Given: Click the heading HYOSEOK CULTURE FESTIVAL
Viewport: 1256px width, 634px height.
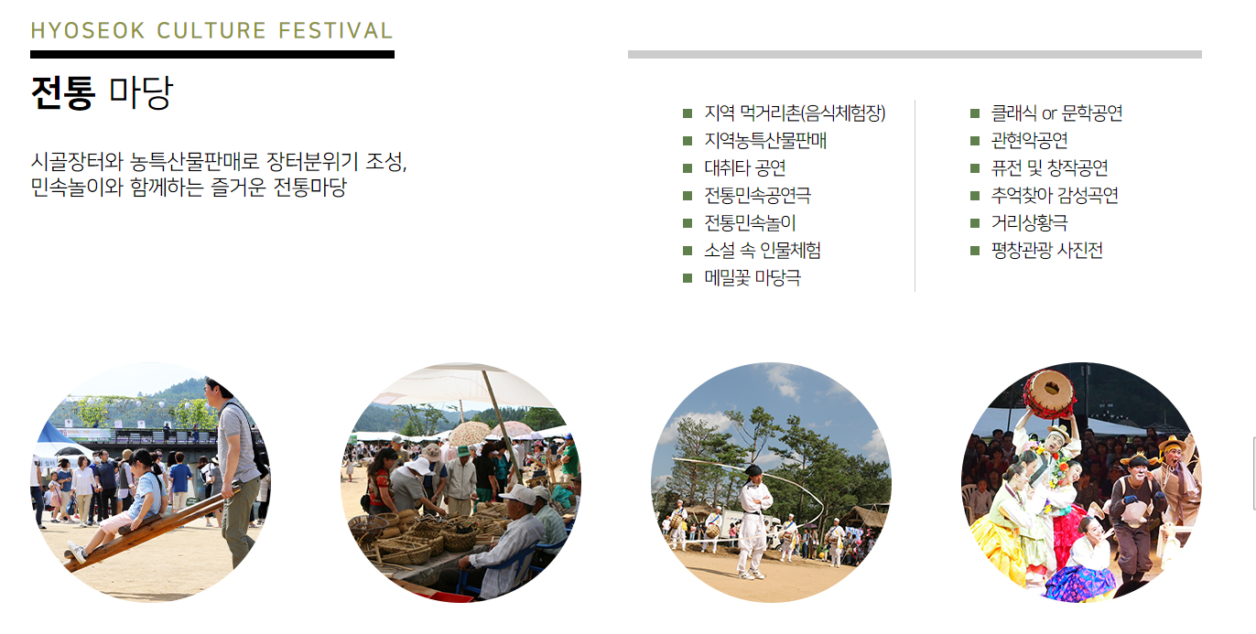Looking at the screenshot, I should pos(211,30).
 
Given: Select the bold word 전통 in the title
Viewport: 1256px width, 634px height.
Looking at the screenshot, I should pos(62,92).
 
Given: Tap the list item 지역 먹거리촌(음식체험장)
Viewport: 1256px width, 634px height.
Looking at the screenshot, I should pos(795,113).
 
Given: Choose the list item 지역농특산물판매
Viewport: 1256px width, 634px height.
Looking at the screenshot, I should pos(765,141).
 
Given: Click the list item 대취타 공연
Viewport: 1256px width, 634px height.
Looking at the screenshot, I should pos(744,168).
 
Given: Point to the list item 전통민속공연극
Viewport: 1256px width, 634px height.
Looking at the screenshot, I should pos(757,196).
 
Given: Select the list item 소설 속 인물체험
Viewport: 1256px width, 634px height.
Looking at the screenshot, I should pos(762,251).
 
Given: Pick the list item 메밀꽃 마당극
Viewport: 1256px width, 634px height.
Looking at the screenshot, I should pos(752,278).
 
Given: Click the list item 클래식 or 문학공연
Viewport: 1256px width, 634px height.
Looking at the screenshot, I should pos(1056,113).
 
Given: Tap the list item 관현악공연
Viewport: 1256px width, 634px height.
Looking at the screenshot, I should pos(1029,141).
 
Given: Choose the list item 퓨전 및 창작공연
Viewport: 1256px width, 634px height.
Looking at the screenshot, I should pos(1049,168).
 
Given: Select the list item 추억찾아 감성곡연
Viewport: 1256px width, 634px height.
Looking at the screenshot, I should pos(1055,196).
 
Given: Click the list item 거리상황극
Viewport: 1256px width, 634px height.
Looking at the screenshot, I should pos(1029,223).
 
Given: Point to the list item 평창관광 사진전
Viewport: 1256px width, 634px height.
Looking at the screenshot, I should pos(1046,251).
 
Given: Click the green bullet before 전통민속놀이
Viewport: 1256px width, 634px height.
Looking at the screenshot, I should pos(688,223).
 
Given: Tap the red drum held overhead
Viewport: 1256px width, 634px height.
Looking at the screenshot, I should pos(1048,393).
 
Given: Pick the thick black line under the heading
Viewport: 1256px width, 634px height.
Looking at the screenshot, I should pos(211,54).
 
